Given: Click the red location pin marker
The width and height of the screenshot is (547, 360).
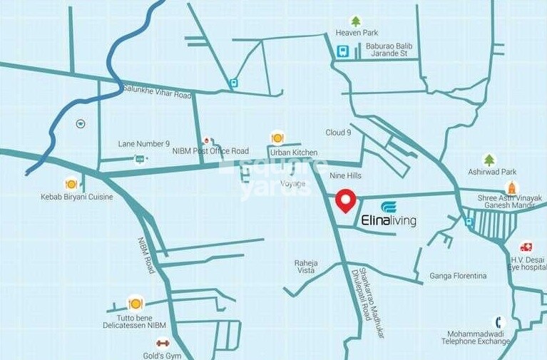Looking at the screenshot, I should pyautogui.click(x=346, y=200).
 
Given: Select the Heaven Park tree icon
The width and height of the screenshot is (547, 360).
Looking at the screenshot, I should pyautogui.click(x=356, y=22).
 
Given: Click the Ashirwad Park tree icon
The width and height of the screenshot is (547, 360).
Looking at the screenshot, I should pyautogui.click(x=489, y=160).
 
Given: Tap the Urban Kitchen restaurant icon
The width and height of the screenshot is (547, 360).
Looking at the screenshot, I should pyautogui.click(x=277, y=138).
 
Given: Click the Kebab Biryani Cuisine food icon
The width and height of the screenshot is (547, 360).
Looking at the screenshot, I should pyautogui.click(x=71, y=184).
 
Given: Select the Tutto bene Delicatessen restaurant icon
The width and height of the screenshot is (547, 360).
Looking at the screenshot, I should pyautogui.click(x=135, y=304).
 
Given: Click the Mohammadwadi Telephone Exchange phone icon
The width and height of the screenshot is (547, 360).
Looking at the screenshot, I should pyautogui.click(x=500, y=322).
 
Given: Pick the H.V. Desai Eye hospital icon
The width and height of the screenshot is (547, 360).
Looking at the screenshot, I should pyautogui.click(x=526, y=247).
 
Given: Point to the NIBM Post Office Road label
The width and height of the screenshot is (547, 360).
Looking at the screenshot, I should pyautogui.click(x=210, y=151).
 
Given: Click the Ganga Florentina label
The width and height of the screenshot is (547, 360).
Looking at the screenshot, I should pyautogui.click(x=458, y=276).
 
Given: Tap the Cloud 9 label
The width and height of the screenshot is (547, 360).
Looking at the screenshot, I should pyautogui.click(x=338, y=133).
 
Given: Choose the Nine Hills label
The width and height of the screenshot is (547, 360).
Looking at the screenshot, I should pyautogui.click(x=346, y=175).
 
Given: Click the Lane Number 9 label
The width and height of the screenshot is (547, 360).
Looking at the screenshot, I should pyautogui.click(x=143, y=144).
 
